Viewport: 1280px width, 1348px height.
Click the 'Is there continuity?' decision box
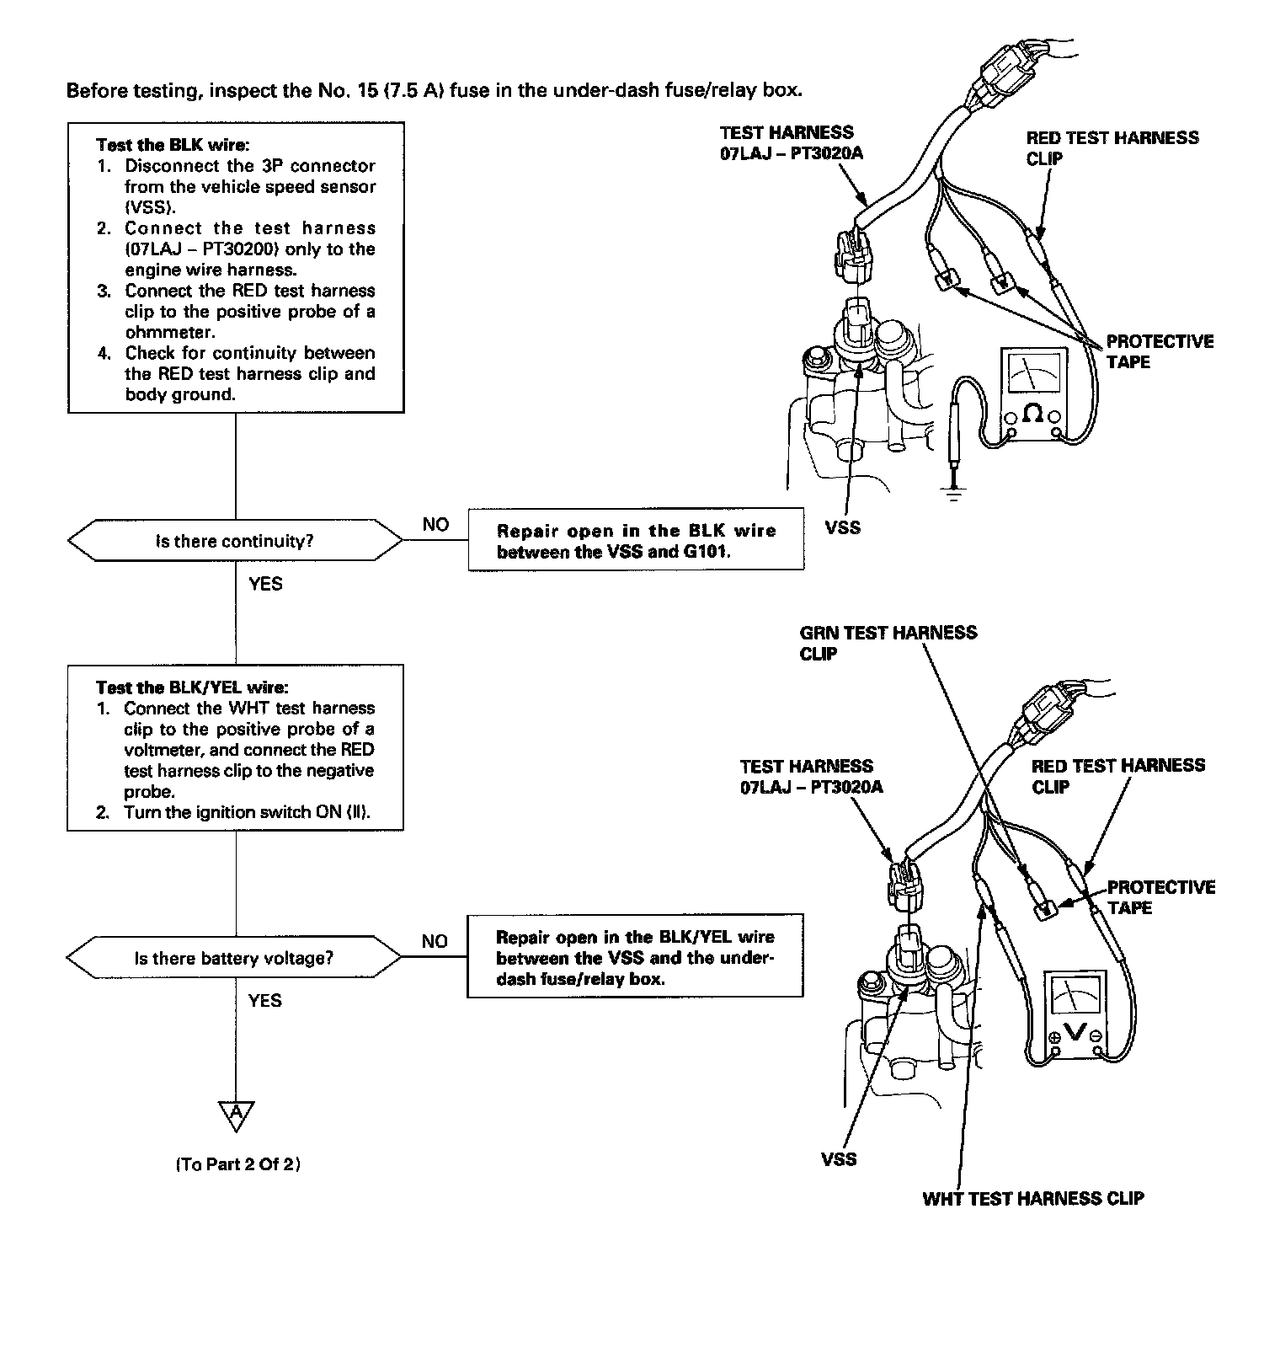[235, 541]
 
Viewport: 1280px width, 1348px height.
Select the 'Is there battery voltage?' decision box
[234, 958]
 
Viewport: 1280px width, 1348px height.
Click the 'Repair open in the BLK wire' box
[636, 541]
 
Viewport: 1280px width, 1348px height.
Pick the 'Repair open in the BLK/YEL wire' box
[635, 958]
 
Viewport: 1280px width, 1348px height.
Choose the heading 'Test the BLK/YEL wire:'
[197, 687]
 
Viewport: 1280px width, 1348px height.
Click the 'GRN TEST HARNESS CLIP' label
[888, 643]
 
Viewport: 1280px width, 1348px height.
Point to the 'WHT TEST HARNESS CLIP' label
[1033, 1198]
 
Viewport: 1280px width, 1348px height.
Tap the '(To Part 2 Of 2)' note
[238, 1164]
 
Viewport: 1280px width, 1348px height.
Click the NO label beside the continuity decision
[435, 525]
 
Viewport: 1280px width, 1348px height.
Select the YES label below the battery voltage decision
[264, 1001]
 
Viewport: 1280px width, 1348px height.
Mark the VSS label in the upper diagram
[843, 528]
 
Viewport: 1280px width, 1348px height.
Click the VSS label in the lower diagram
[839, 1159]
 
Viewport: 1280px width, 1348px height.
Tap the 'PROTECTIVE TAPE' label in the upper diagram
[1159, 351]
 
